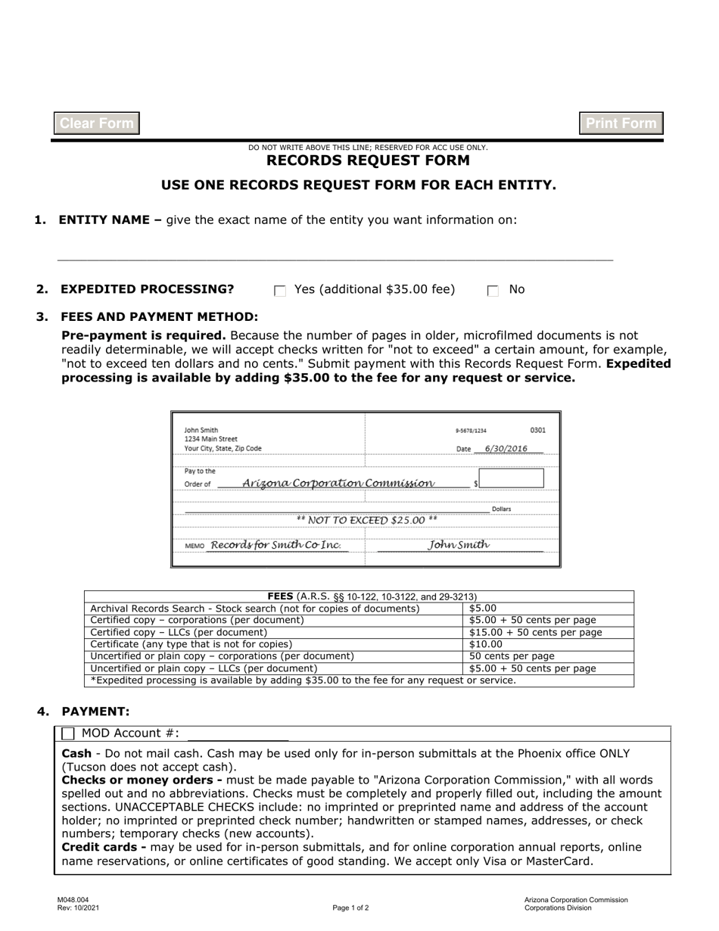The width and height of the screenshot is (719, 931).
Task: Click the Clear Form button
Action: pyautogui.click(x=97, y=123)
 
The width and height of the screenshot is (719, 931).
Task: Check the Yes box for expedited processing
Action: pyautogui.click(x=280, y=291)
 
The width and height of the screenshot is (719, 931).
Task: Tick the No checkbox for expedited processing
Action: pyautogui.click(x=493, y=291)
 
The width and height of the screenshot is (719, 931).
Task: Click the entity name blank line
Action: pyautogui.click(x=335, y=254)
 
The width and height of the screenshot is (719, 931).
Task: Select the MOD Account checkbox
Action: pyautogui.click(x=69, y=733)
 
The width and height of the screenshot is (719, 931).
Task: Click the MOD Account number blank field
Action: pyautogui.click(x=238, y=733)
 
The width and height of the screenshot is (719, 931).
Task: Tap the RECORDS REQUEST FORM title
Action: pyautogui.click(x=368, y=160)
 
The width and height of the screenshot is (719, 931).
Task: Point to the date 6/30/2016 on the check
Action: pyautogui.click(x=506, y=448)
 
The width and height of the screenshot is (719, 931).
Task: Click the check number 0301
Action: pyautogui.click(x=537, y=430)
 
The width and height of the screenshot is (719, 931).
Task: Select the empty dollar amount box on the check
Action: pyautogui.click(x=511, y=478)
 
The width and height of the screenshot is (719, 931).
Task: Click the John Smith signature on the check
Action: pyautogui.click(x=459, y=544)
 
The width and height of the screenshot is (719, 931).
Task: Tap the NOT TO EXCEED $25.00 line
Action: pyautogui.click(x=366, y=520)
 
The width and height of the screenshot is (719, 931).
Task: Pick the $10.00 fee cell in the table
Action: pyautogui.click(x=486, y=644)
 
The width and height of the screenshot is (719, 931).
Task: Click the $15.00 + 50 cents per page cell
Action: pyautogui.click(x=535, y=632)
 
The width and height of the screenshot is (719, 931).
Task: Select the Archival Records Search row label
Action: pyautogui.click(x=254, y=608)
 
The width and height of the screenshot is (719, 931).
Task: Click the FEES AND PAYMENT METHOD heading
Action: pyautogui.click(x=159, y=316)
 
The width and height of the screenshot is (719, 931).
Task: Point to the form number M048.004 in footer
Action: pyautogui.click(x=73, y=900)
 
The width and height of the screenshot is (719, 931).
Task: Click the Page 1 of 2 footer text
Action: pyautogui.click(x=350, y=908)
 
